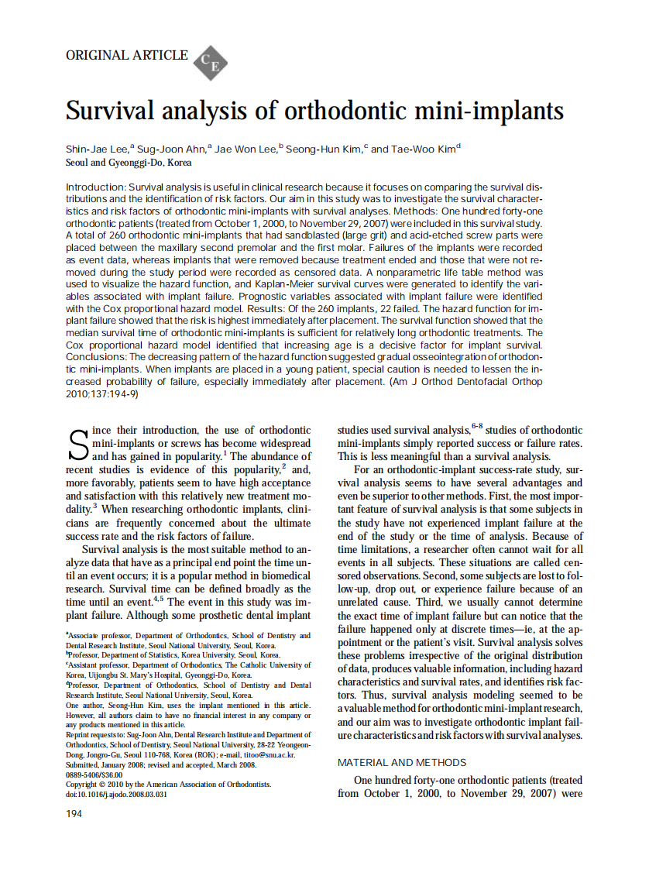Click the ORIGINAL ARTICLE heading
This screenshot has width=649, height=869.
coord(127,55)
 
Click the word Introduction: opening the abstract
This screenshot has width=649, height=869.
coord(95,187)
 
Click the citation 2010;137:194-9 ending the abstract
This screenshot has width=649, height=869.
coord(101,393)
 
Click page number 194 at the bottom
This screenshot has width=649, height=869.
coord(75,813)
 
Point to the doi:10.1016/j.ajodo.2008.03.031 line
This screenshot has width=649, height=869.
coord(119,794)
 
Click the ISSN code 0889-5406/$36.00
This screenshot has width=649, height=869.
coord(94,775)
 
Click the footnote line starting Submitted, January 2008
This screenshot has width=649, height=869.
coord(161,764)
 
